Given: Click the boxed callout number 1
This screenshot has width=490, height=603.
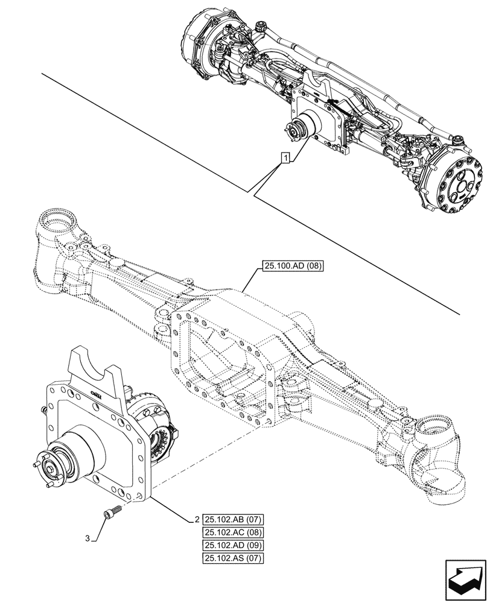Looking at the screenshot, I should coord(285,158).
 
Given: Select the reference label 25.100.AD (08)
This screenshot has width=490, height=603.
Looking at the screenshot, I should coord(293,266).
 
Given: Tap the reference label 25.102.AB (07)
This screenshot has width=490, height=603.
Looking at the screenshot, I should coord(234,520).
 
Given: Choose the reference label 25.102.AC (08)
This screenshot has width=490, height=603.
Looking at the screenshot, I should coord(234,532).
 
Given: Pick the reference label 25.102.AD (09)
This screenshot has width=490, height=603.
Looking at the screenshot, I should coord(234,545).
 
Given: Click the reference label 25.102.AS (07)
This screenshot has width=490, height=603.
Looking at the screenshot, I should coord(234,558).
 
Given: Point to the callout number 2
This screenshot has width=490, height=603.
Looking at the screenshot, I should coord(197,520).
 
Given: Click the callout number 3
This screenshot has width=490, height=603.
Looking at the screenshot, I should coord(88,538).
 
